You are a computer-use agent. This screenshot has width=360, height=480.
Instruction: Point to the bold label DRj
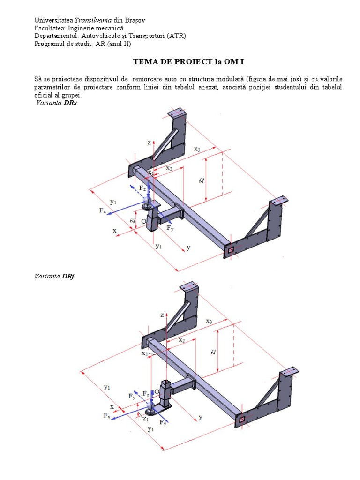pyautogui.click(x=68, y=276)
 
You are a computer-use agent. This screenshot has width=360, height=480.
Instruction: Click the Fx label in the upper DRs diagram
pyautogui.click(x=103, y=211)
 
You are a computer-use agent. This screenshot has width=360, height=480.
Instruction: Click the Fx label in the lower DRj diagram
pyautogui.click(x=107, y=415)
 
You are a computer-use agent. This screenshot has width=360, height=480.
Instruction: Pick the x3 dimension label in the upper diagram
pyautogui.click(x=198, y=149)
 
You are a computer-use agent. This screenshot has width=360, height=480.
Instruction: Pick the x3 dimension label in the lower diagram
pyautogui.click(x=210, y=321)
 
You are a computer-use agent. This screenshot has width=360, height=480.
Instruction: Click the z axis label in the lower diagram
pyautogui.click(x=161, y=315)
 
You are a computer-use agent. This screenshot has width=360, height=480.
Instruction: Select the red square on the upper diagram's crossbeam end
pyautogui.click(x=231, y=250)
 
